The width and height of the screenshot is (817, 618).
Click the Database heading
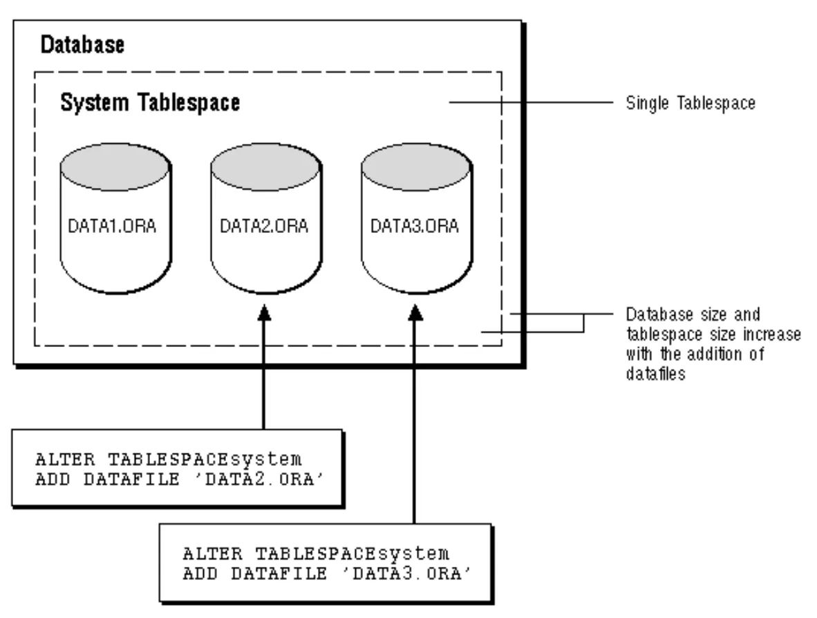coord(82,46)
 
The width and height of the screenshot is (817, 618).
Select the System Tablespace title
coord(150,103)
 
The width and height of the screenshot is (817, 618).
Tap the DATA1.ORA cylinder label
coord(113,226)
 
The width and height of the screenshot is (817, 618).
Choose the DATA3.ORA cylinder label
coord(415,226)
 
